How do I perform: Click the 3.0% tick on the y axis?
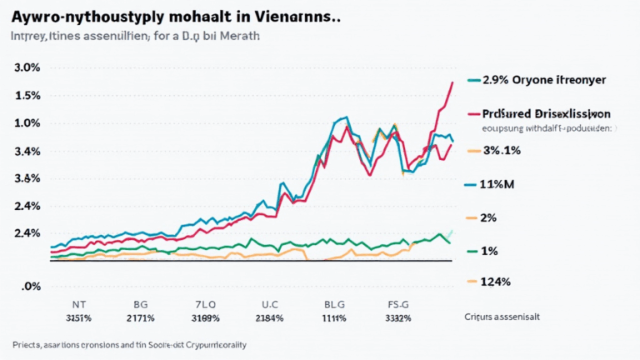click(x=27, y=67)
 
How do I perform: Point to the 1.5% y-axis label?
click(x=27, y=96)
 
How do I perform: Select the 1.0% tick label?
click(x=27, y=123)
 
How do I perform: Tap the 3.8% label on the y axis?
click(x=27, y=178)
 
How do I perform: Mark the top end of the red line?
click(x=452, y=82)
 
